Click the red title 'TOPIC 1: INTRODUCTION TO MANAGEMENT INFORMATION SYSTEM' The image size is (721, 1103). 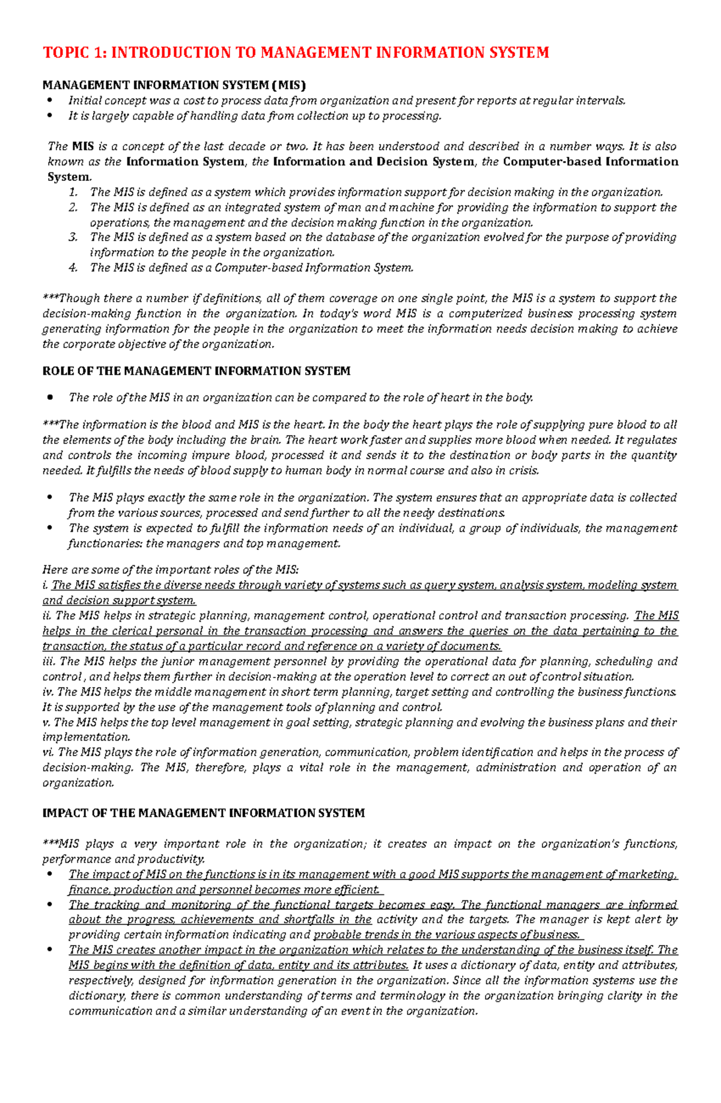[x=296, y=52]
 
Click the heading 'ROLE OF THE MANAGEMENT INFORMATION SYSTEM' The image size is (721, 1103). [x=196, y=371]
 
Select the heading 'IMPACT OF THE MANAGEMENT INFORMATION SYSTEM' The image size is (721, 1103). [x=203, y=813]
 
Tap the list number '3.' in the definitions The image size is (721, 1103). [x=73, y=237]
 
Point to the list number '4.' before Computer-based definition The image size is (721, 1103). [x=73, y=268]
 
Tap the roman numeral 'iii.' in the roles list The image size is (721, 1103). [x=49, y=661]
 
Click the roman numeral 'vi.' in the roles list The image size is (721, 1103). [x=48, y=752]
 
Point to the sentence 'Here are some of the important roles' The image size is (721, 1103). [x=170, y=570]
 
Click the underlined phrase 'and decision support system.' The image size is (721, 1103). [x=119, y=600]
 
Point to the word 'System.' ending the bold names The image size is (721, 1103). [x=70, y=177]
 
